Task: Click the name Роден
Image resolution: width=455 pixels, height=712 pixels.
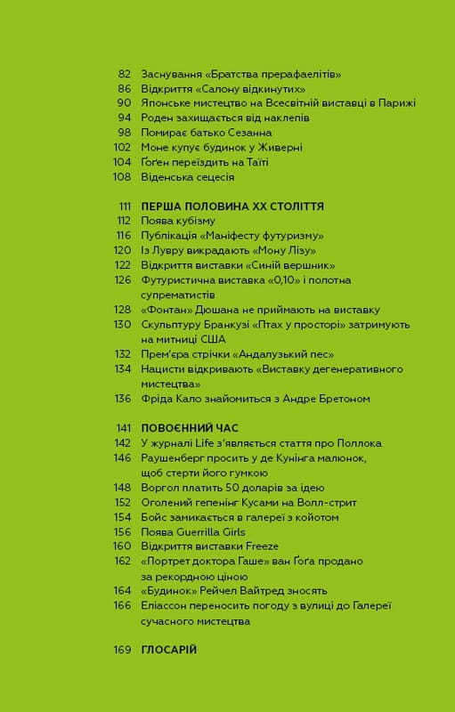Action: tap(158, 117)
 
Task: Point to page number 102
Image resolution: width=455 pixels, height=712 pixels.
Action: tap(123, 147)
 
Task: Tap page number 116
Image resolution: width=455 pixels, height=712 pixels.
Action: tap(123, 235)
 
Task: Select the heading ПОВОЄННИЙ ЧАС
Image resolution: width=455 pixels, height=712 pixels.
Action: tap(183, 427)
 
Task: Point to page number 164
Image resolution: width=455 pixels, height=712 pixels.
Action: tap(123, 590)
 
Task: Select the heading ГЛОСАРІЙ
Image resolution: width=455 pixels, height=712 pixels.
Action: tap(168, 650)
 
